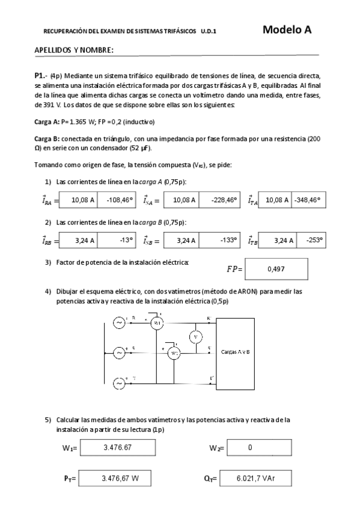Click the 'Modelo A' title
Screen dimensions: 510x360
(x=287, y=29)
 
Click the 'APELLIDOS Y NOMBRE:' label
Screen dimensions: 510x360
(x=74, y=50)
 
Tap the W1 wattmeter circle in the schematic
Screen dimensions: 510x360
(x=157, y=323)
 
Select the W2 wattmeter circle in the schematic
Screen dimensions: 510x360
(x=174, y=353)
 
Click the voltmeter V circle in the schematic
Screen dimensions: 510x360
(x=195, y=337)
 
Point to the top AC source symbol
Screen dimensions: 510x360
(x=118, y=323)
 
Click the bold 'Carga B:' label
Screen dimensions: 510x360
(x=47, y=138)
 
